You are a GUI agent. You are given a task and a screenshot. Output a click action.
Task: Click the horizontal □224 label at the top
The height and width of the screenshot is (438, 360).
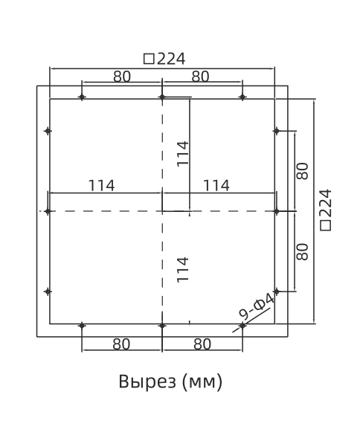(x=164, y=59)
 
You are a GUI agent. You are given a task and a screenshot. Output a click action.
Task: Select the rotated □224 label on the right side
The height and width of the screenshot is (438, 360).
(x=326, y=210)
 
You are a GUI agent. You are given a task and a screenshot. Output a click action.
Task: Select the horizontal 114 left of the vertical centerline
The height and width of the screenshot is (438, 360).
(x=101, y=185)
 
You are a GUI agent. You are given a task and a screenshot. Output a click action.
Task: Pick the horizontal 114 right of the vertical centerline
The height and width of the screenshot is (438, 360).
(x=216, y=185)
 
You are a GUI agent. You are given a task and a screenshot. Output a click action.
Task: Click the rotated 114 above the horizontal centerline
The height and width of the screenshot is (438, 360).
(x=183, y=152)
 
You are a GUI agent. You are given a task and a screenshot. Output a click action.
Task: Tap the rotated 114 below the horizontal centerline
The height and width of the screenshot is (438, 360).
(x=183, y=268)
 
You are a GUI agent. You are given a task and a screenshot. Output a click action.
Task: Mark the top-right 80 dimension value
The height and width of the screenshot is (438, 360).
(x=202, y=76)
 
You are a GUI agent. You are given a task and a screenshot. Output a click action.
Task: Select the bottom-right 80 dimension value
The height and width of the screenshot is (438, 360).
(x=202, y=344)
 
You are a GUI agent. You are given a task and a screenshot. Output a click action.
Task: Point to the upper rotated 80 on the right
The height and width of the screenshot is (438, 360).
(x=302, y=171)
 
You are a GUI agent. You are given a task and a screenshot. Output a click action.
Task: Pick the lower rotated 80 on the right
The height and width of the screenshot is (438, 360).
(x=302, y=251)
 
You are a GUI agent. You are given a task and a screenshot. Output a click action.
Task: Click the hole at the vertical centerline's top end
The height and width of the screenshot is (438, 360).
(x=162, y=97)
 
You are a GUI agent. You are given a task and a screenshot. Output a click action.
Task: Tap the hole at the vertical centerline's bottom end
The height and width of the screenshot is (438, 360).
(x=162, y=326)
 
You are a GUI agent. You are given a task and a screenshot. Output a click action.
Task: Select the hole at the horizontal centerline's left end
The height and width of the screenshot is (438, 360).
(x=48, y=211)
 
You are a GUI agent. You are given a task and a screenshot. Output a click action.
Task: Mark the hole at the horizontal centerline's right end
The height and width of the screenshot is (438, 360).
(x=276, y=211)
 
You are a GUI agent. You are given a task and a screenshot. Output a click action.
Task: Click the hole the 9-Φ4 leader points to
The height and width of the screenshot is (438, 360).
(x=242, y=326)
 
